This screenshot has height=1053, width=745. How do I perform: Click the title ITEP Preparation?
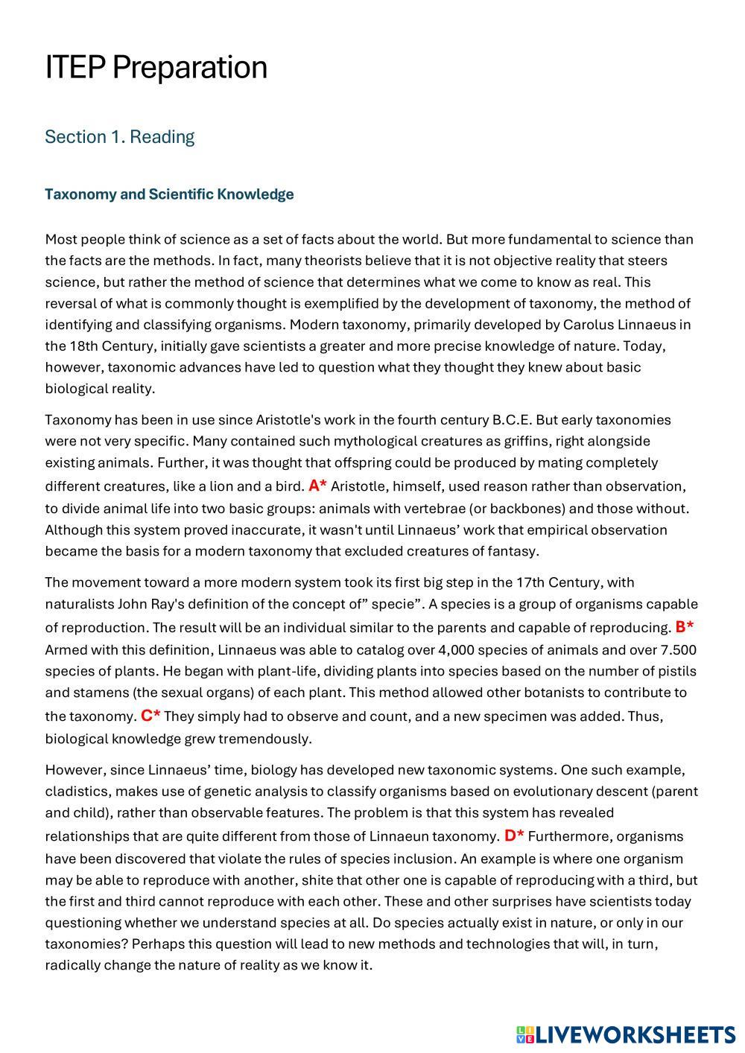point(156,67)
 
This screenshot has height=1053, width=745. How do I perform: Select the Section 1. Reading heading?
point(119,137)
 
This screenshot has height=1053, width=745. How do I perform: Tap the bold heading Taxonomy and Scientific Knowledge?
point(169,194)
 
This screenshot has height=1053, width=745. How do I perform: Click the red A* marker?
point(317,486)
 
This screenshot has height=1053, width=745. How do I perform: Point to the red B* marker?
point(685,626)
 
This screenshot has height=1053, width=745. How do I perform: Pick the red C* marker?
point(150,716)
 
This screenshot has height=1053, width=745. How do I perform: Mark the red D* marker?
point(514,835)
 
